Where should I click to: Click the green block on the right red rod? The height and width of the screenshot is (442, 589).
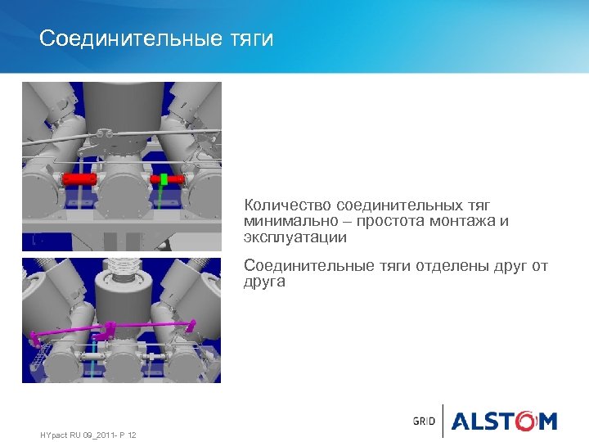[x=164, y=179]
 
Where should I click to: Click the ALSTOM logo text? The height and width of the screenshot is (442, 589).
[x=504, y=421]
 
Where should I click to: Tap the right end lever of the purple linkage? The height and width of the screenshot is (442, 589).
[x=191, y=325]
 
